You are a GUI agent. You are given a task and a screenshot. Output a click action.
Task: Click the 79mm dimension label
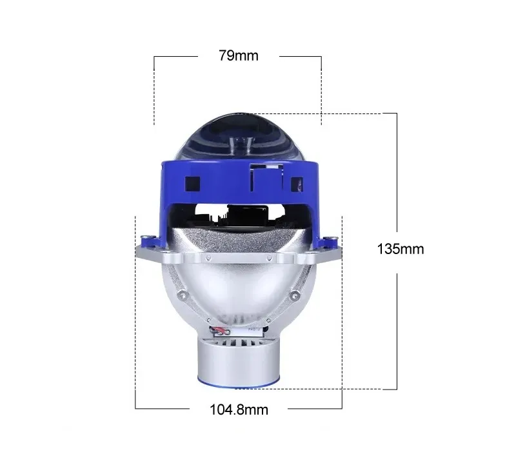[x=239, y=55]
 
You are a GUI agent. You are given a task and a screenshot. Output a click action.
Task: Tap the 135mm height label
[x=400, y=249]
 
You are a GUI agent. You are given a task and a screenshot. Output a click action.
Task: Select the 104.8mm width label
[x=239, y=410]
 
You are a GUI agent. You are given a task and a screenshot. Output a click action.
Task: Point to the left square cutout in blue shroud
[x=192, y=184]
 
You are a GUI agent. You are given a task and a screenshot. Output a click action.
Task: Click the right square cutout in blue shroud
[x=297, y=184]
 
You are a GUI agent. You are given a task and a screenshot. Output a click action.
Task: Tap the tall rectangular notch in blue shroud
[x=267, y=177]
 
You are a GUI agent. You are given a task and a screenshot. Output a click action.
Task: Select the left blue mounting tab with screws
[x=151, y=241]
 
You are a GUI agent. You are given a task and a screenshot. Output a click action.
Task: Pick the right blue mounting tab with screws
[x=328, y=242]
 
